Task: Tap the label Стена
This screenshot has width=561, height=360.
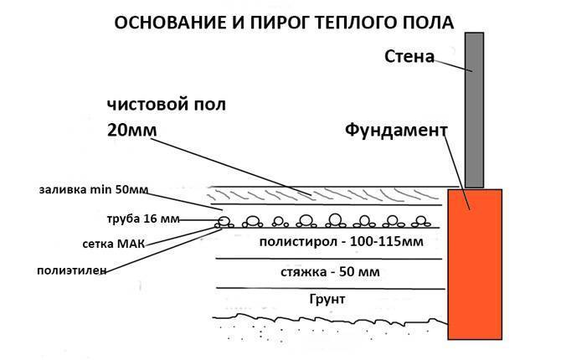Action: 409,58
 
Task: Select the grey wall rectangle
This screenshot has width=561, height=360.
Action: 474,109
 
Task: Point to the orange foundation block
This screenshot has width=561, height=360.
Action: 474,264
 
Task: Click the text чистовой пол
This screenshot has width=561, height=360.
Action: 166,105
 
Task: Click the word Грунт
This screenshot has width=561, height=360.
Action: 327,299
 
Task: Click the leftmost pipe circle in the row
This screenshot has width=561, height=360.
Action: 224,223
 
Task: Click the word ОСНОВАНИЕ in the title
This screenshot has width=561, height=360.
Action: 157,22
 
